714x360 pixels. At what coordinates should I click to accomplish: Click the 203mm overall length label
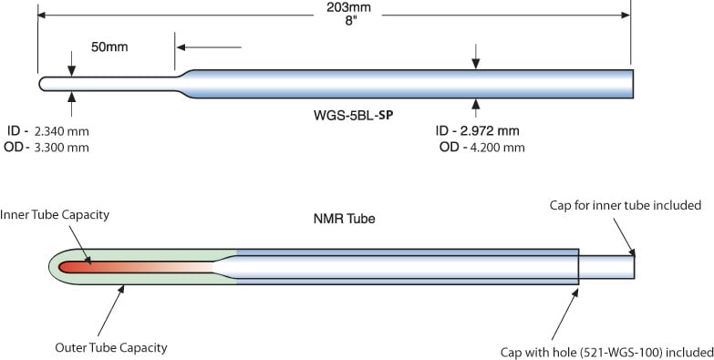pos(349,7)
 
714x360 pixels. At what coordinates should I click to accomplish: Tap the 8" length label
pos(349,21)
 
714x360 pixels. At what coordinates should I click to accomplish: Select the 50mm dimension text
pos(109,46)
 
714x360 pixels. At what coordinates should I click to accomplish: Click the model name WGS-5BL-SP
pos(354,115)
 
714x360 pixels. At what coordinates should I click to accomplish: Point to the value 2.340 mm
pos(61,131)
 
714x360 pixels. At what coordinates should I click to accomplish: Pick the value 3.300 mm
pos(61,148)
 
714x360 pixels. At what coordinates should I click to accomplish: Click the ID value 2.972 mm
pos(490,131)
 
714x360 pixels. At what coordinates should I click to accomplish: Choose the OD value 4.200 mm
pos(497,148)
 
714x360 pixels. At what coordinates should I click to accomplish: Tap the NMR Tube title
pos(345,219)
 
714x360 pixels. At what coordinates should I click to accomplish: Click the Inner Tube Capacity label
pos(55,215)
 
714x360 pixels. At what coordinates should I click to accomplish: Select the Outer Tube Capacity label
pos(111,348)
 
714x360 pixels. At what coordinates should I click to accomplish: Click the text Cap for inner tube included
pos(626,205)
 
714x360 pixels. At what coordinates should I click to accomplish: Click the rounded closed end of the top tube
pos(43,84)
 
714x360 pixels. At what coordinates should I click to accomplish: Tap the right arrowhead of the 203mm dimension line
pos(626,15)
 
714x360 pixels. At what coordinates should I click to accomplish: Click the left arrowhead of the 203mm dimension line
pos(42,15)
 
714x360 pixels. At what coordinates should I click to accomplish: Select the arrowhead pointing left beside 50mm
pos(181,47)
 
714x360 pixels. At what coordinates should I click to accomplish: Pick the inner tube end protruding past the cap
pos(606,267)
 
